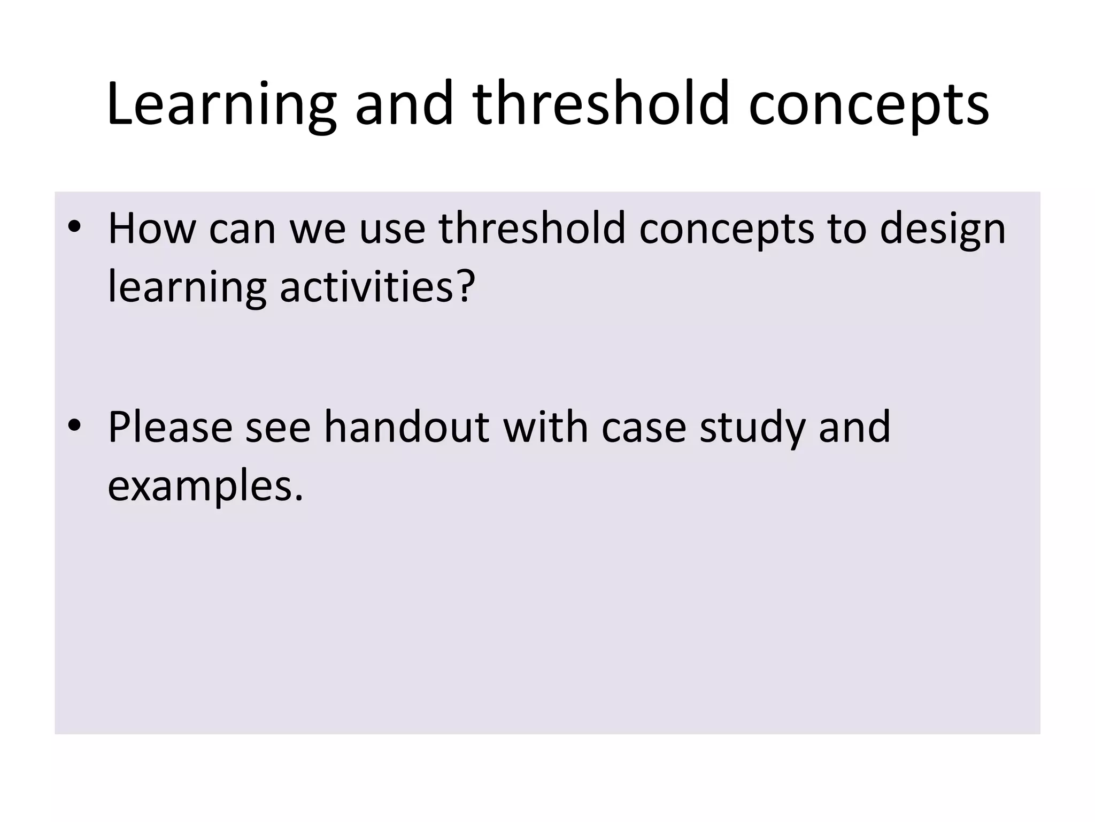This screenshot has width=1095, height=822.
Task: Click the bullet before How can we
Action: click(74, 227)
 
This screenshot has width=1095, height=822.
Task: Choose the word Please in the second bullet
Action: click(170, 427)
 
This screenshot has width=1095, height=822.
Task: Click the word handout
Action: click(406, 427)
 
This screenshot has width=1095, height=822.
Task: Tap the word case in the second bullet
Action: click(643, 427)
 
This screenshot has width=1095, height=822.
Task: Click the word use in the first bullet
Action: click(392, 229)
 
